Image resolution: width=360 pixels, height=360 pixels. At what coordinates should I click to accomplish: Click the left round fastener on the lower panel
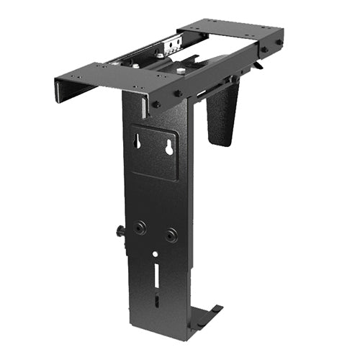[x=140, y=228]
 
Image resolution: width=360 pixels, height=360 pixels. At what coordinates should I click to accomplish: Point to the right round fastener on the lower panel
[x=171, y=235]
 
